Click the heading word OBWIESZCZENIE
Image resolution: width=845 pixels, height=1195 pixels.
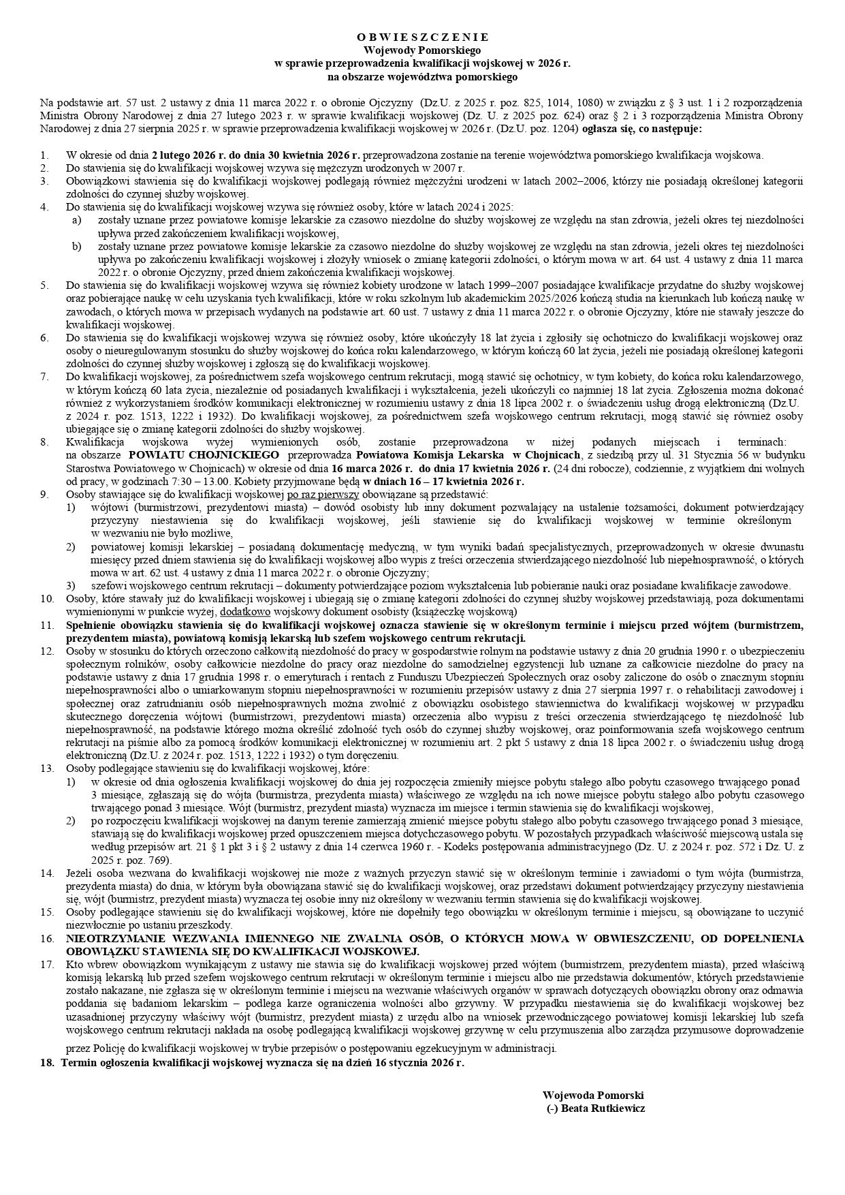click(x=422, y=37)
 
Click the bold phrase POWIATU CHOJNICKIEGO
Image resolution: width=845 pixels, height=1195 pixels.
click(x=204, y=455)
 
